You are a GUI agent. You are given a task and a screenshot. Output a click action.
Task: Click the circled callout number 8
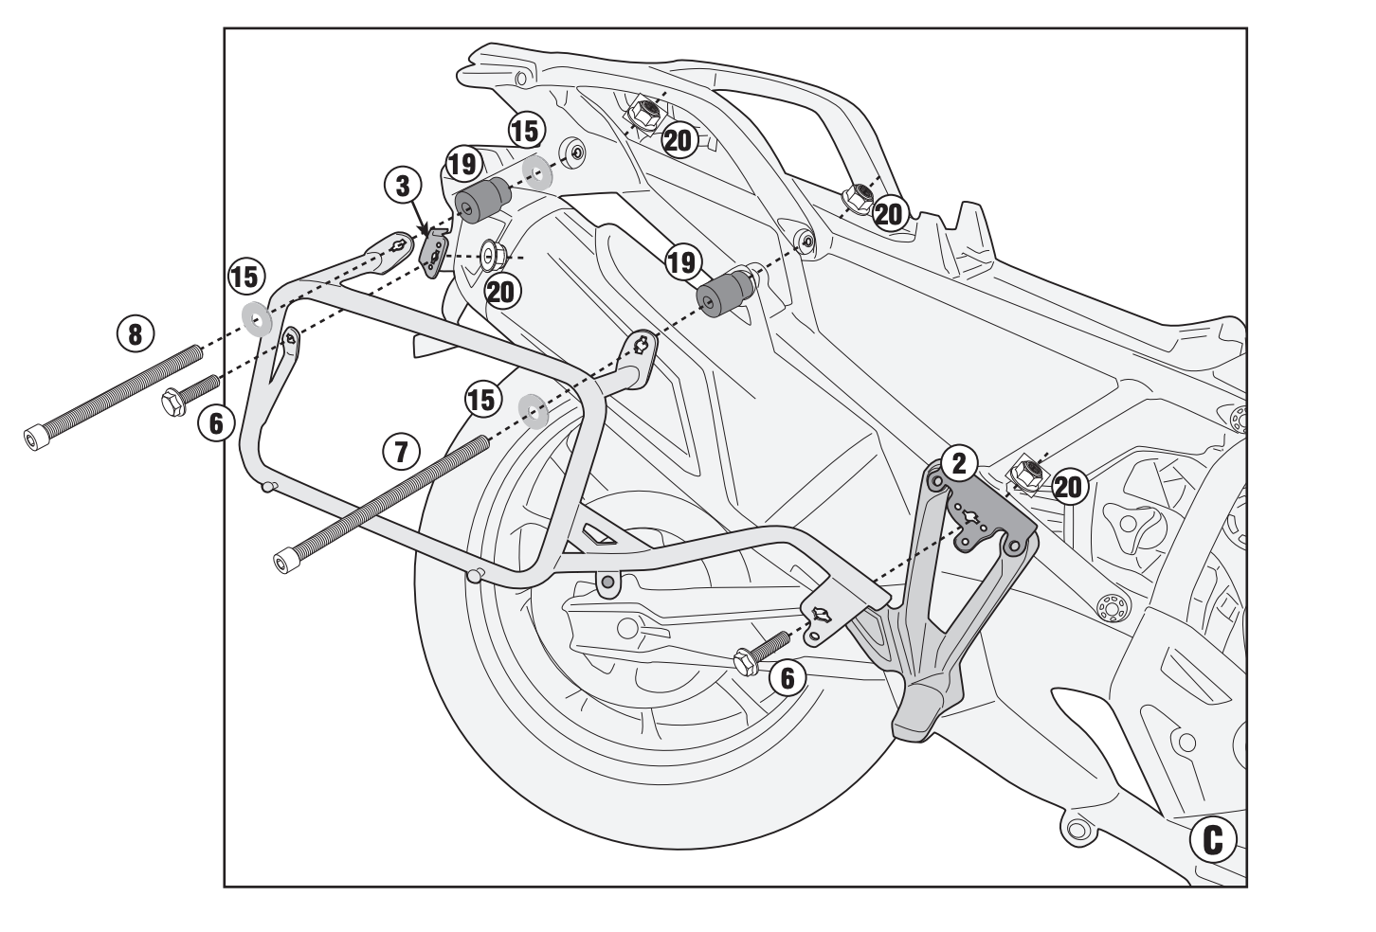pos(134,332)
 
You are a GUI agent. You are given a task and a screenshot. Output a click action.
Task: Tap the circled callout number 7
pos(400,452)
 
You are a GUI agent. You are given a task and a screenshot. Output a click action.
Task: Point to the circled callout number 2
pos(959,462)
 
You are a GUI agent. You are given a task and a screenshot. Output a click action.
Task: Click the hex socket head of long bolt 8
pos(37,439)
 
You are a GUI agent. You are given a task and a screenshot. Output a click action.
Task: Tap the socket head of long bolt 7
pos(281,561)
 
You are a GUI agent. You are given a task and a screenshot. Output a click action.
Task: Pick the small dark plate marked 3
pos(433,252)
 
